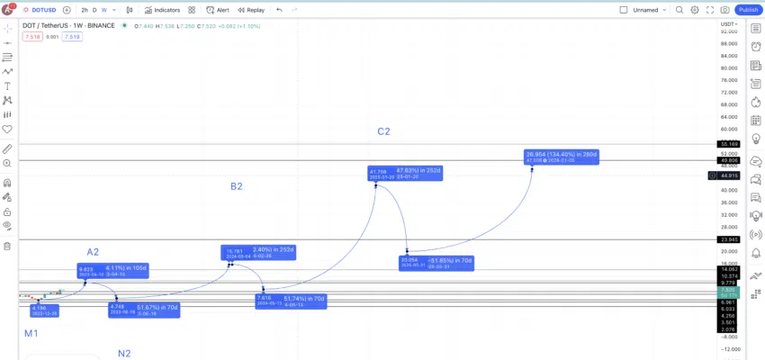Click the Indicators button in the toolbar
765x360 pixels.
point(163,10)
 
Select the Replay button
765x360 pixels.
point(251,10)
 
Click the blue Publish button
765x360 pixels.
point(748,10)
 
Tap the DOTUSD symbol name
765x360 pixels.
point(44,10)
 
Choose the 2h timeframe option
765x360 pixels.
point(85,10)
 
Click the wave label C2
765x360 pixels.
point(383,131)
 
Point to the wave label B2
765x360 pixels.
point(236,186)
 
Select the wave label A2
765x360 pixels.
point(93,252)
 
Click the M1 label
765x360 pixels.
point(31,333)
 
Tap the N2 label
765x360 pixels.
point(124,353)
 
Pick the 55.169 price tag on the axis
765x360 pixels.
point(728,144)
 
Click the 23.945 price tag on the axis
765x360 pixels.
point(728,239)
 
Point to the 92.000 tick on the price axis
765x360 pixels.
point(728,31)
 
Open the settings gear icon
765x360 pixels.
point(695,10)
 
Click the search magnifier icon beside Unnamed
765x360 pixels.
point(679,10)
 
